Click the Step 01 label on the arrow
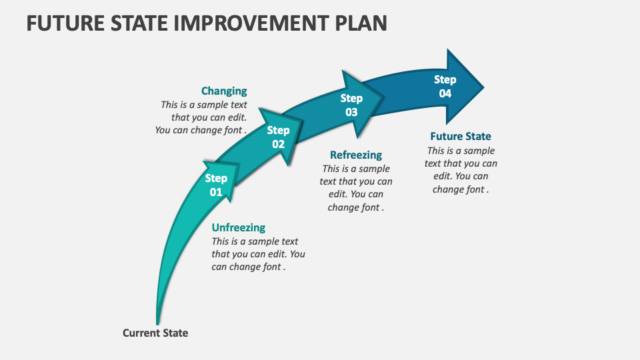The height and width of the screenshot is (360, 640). pos(216,185)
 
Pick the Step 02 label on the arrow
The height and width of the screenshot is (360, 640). pos(278,137)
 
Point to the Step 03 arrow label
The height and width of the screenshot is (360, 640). pos(351,105)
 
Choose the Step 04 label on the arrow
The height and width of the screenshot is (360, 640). pos(445,87)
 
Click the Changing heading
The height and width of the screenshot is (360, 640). pos(224,91)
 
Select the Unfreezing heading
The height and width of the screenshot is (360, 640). pos(238,228)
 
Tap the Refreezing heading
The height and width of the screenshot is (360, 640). pos(356,155)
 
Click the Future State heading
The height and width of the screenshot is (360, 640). pos(461,137)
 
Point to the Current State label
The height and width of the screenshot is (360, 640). pos(155,333)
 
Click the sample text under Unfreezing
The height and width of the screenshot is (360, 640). pos(258,254)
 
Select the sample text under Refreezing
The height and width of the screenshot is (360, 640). pos(356,188)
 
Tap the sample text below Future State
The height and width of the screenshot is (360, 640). pos(461,170)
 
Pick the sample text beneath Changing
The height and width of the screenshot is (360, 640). pos(202,117)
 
